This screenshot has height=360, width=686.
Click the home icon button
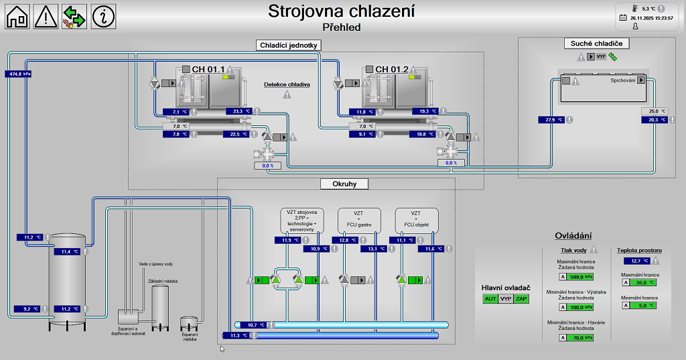[x=17, y=15]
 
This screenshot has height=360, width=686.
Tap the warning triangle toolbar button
[x=46, y=15]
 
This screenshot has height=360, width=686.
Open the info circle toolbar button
[x=103, y=15]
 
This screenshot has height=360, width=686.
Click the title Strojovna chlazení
[x=341, y=11]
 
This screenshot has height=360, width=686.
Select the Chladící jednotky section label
[x=289, y=45]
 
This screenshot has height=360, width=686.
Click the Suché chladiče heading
[x=596, y=44]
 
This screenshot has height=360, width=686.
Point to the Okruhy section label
[x=344, y=184]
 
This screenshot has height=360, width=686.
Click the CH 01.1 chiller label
[x=208, y=70]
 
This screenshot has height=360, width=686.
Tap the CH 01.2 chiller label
[x=391, y=70]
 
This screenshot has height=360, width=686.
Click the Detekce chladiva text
[x=287, y=84]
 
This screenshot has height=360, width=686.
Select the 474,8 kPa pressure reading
[x=18, y=74]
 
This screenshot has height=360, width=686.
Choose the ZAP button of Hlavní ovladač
[x=521, y=299]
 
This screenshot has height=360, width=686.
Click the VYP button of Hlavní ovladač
[x=506, y=299]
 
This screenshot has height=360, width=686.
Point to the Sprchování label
[x=622, y=80]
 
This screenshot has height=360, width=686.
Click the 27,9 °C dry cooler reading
[x=551, y=120]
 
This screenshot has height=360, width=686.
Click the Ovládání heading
[x=573, y=236]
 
